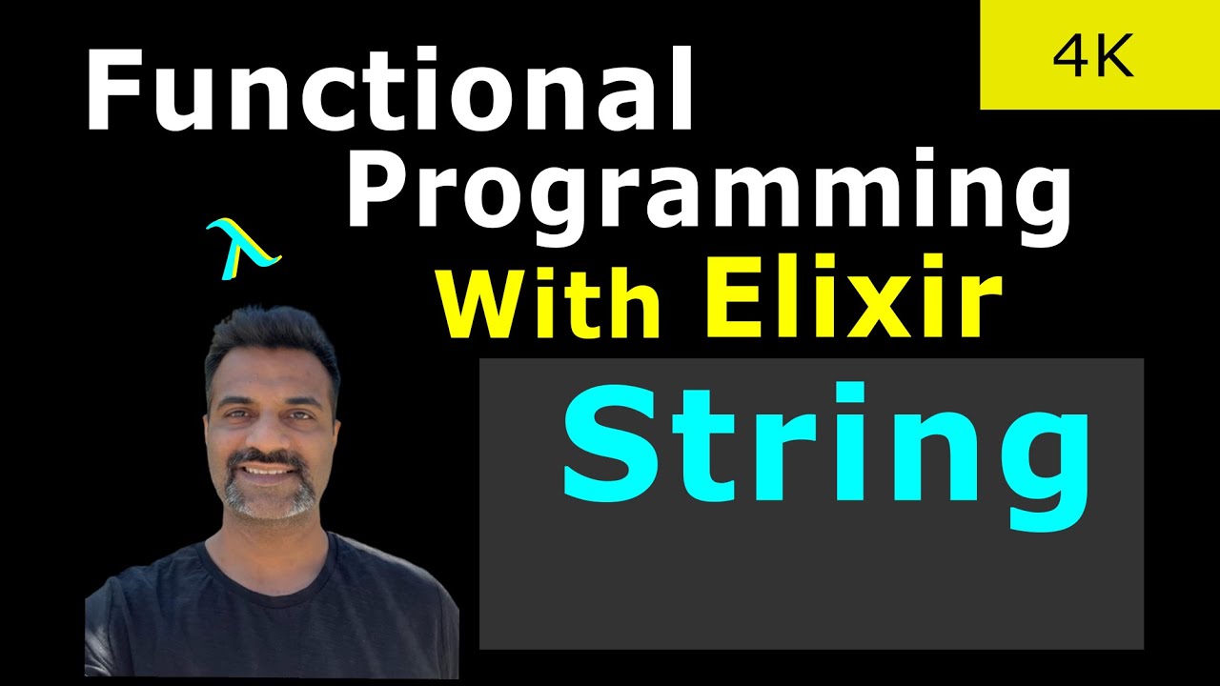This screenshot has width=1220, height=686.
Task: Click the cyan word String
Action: [x=825, y=448]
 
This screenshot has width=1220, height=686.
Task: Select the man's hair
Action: [x=272, y=338]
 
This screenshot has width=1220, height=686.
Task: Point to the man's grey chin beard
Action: [x=270, y=500]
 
